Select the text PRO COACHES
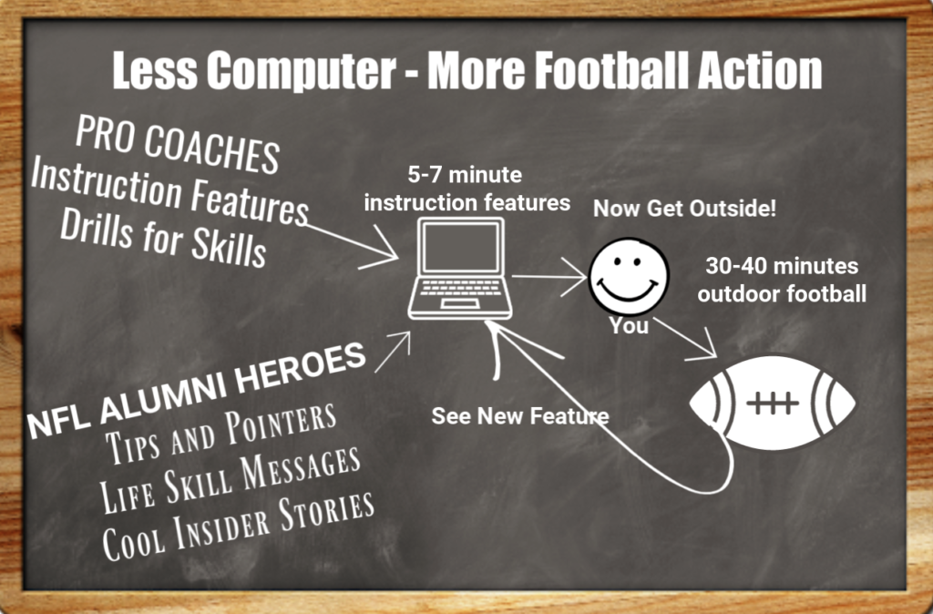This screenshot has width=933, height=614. pos(178,146)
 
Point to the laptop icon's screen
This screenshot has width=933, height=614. pos(460,249)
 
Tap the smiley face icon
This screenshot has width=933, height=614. pos(629,276)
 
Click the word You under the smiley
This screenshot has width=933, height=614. pos(629,326)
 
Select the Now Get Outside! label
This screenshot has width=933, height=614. pos(685,209)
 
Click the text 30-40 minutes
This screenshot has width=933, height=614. pos(782,266)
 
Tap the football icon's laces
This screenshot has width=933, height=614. pos(773,403)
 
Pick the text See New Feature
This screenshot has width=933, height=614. pos(520,416)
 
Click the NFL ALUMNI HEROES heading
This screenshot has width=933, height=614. pos(197,391)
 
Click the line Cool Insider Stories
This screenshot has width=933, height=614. pos(238,527)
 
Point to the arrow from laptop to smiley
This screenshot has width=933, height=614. pos(549,276)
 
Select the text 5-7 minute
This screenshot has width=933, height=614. pos(465,175)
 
